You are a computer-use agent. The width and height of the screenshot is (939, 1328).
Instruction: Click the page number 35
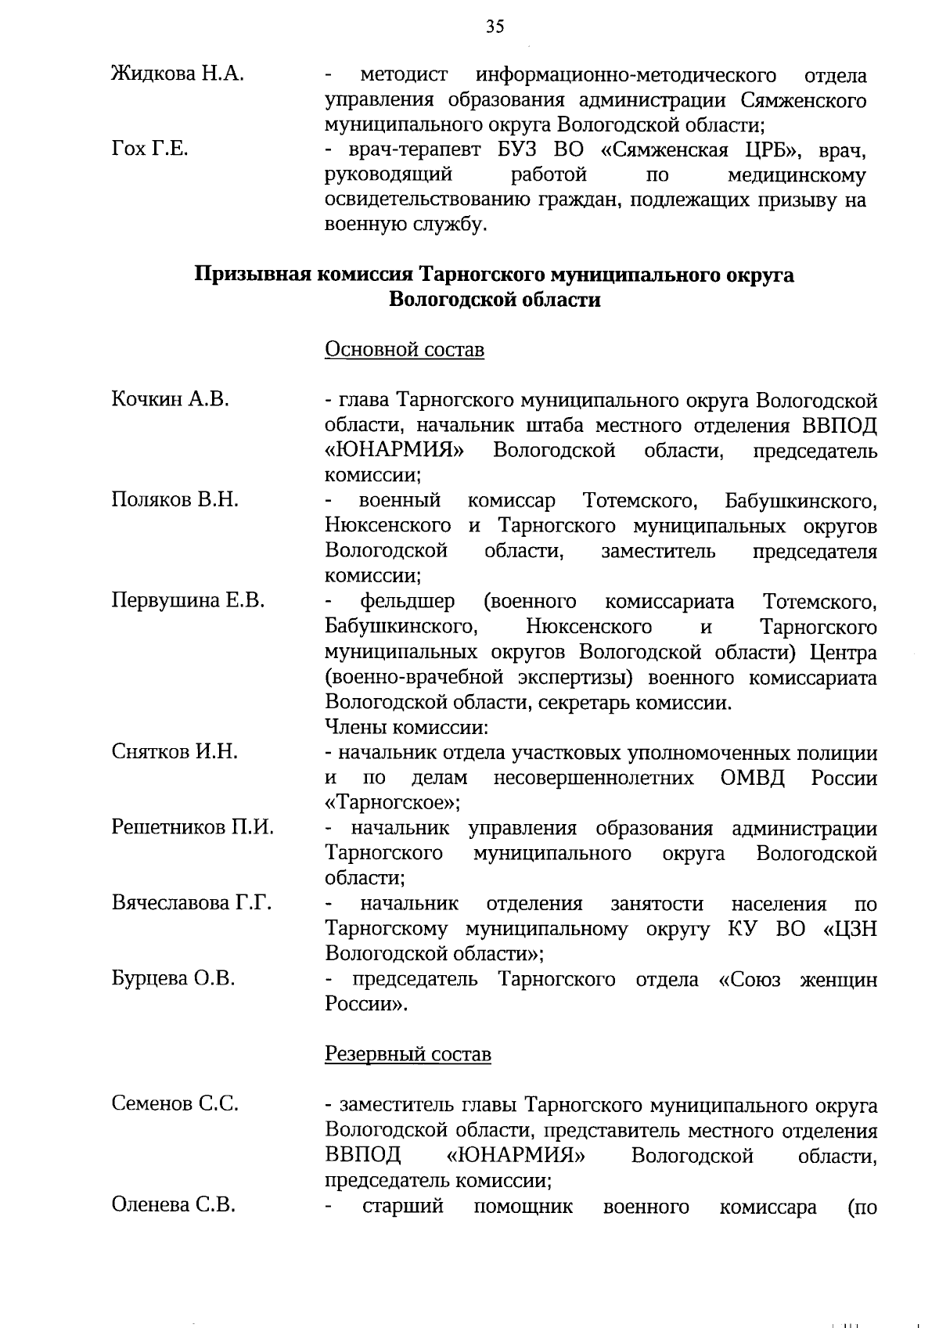(494, 27)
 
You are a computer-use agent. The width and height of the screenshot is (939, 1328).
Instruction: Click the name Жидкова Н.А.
(178, 75)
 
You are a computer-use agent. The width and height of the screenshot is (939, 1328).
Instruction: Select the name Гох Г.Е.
(149, 149)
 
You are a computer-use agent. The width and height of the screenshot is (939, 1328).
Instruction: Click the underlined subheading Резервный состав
(408, 1054)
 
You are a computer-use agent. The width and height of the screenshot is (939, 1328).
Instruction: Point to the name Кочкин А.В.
(170, 399)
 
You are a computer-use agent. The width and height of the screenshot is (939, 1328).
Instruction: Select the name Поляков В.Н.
(175, 500)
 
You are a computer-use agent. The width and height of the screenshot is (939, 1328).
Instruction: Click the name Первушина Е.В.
(188, 601)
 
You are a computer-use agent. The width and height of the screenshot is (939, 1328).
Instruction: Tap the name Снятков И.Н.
(174, 752)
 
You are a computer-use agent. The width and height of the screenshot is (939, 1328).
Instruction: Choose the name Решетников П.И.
(192, 827)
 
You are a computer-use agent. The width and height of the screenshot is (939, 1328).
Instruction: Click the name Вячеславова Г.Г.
(192, 903)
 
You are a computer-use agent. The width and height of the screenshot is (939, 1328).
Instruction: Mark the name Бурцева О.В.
(173, 978)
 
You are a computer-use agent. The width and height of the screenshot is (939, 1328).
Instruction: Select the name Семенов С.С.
(174, 1104)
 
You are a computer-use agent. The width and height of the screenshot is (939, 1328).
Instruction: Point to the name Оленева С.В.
(173, 1205)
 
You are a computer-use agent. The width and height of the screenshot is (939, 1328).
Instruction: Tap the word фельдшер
(407, 602)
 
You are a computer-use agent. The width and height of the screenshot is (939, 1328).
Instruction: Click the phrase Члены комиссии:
(406, 727)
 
